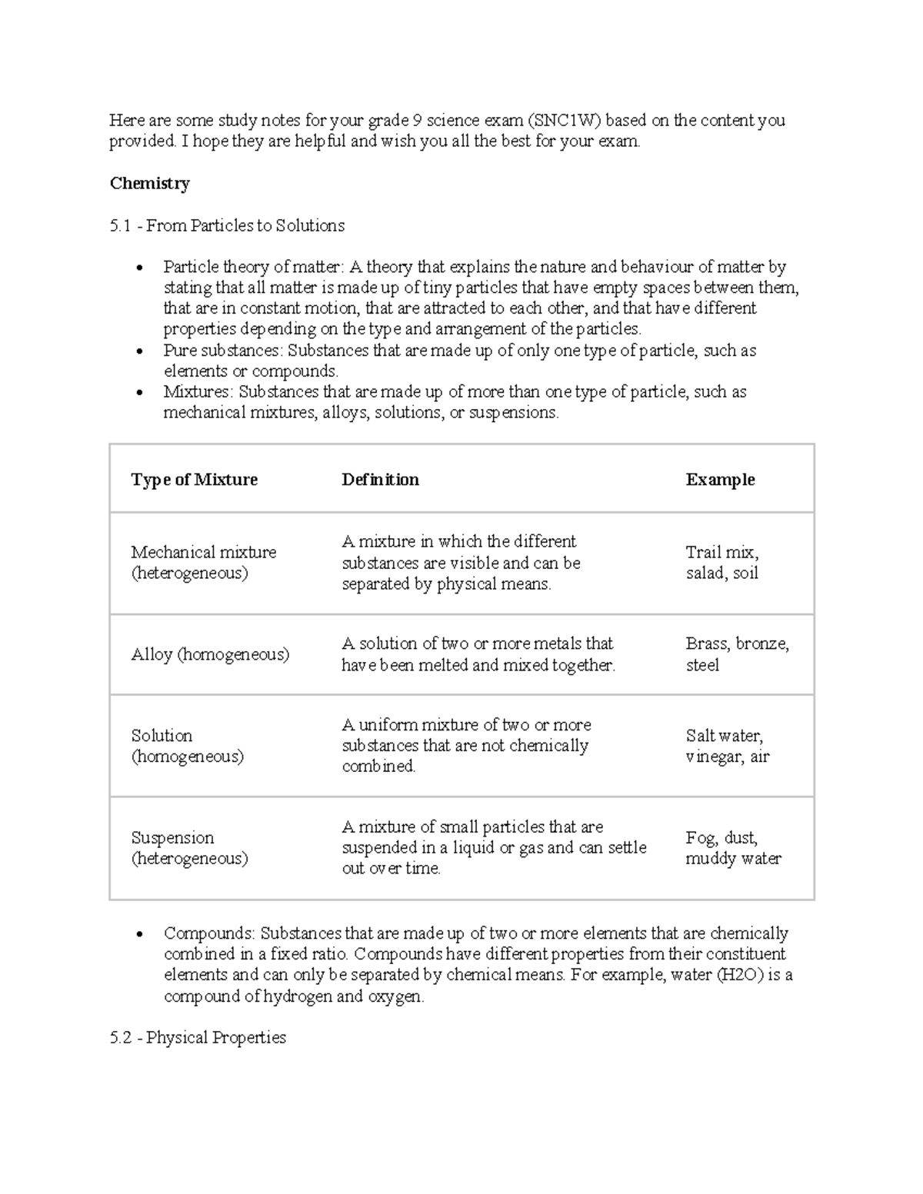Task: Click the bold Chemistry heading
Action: (149, 183)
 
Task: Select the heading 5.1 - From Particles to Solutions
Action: (227, 225)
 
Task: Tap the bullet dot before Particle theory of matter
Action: (139, 268)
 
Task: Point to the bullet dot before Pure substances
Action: (139, 351)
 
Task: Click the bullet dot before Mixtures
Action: (139, 393)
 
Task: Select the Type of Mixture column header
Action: (194, 480)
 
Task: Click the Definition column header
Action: (380, 480)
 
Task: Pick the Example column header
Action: (720, 480)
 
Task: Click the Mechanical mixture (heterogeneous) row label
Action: (203, 563)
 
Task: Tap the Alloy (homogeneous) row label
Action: (210, 654)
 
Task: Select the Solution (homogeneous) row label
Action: (187, 746)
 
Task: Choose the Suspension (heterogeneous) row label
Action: (189, 848)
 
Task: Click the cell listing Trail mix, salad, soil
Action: (722, 563)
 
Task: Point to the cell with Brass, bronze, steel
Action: (737, 654)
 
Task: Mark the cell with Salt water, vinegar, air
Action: (727, 746)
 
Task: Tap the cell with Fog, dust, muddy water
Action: (733, 848)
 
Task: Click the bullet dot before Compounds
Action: (139, 934)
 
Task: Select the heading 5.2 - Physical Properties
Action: (198, 1038)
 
